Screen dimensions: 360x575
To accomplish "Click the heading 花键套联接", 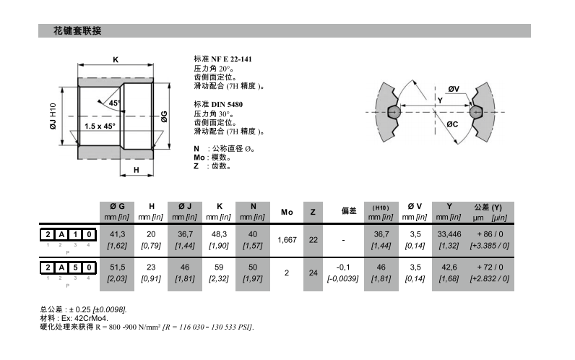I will tap(77, 31).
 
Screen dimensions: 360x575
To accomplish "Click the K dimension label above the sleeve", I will tap(116, 60).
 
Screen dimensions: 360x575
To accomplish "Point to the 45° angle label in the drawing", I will tap(115, 103).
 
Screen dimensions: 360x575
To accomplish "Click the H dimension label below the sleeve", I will tap(136, 171).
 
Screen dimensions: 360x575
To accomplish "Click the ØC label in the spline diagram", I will tap(452, 124).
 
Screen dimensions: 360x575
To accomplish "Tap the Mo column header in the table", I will tap(287, 212).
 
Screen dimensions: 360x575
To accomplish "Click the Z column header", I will tap(313, 212).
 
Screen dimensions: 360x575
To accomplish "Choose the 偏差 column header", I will tap(349, 212).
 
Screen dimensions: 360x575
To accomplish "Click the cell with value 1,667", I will tap(287, 239).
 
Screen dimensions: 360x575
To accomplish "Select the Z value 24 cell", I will tap(313, 273).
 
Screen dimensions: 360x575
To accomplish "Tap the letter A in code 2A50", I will tap(60, 267).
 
